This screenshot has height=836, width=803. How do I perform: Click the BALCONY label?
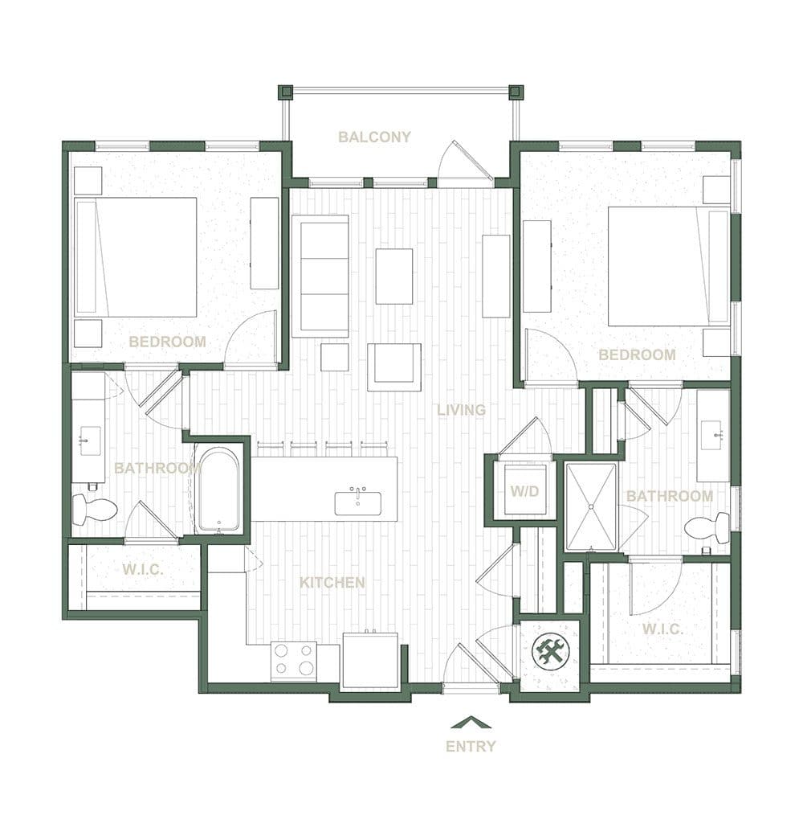[x=374, y=137]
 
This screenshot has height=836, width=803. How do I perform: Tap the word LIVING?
[x=461, y=410]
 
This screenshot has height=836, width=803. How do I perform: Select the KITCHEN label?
[x=332, y=582]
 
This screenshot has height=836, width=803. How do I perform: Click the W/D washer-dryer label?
[x=525, y=490]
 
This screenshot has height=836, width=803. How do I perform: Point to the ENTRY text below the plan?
[x=471, y=746]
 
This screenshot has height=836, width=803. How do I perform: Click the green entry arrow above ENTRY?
[x=471, y=722]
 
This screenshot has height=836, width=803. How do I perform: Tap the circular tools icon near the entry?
[x=551, y=650]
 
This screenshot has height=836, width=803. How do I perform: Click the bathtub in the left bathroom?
[x=218, y=490]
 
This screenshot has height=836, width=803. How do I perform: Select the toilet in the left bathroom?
[x=94, y=508]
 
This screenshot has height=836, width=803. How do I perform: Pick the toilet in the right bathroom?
[x=708, y=528]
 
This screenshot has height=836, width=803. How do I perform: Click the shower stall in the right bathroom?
[x=591, y=506]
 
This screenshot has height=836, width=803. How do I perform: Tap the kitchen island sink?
[x=358, y=502]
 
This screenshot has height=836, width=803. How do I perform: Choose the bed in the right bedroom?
[x=668, y=266]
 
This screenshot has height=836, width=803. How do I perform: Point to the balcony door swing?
[x=464, y=165]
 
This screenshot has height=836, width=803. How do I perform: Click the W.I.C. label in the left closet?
[x=144, y=569]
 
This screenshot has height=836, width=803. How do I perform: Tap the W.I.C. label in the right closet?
[x=662, y=629]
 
